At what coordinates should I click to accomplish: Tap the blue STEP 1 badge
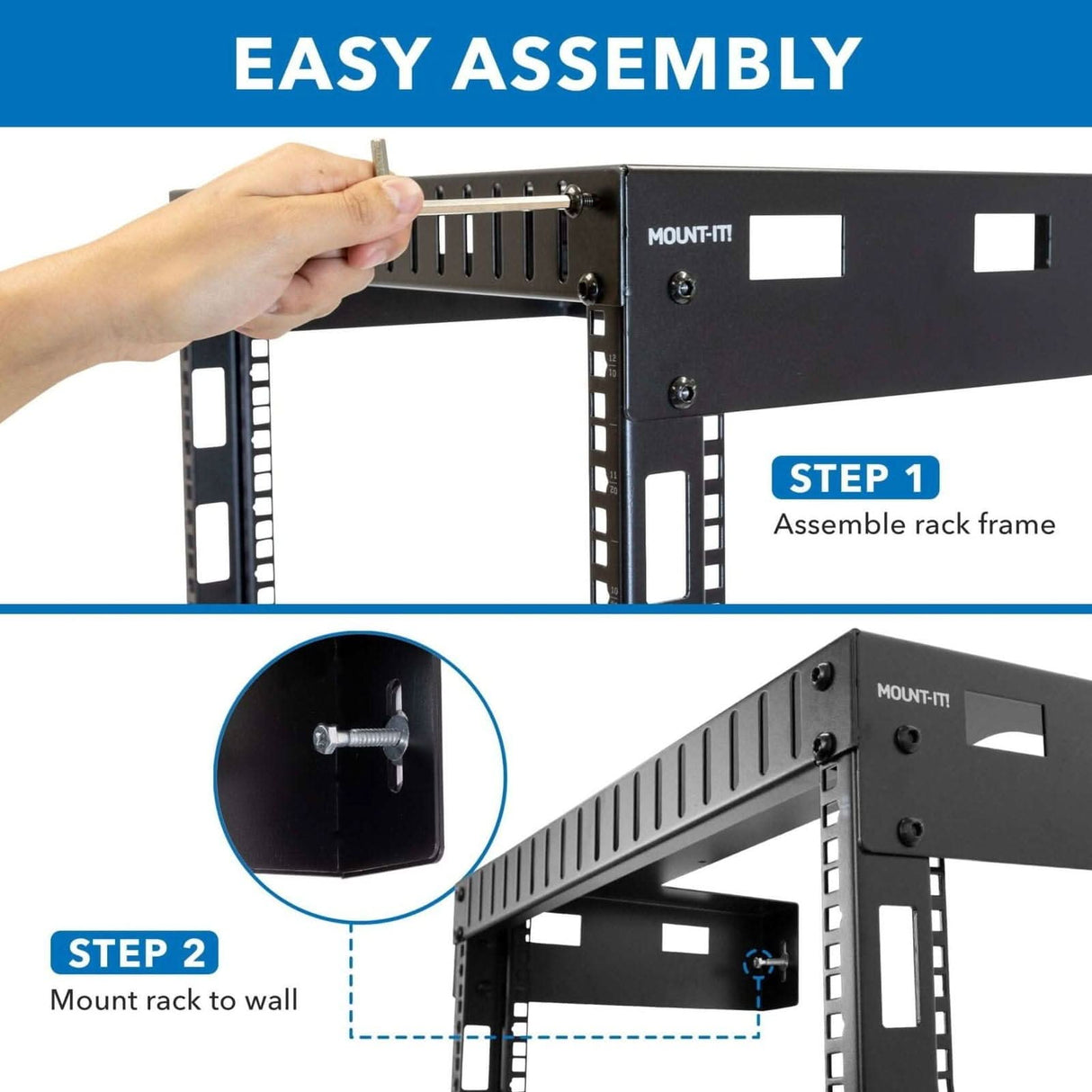pos(855,478)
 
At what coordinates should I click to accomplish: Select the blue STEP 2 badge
pos(135,953)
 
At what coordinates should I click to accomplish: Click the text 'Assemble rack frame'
pos(914,524)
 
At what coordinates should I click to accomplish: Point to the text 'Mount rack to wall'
pos(174,999)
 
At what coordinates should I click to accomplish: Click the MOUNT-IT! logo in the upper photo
pos(690,237)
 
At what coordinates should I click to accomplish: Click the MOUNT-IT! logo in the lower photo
pos(913,695)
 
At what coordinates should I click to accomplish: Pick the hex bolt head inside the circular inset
pos(326,738)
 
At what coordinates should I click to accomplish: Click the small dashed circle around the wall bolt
pos(761,962)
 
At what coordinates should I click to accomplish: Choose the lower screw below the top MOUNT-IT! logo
pos(682,392)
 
